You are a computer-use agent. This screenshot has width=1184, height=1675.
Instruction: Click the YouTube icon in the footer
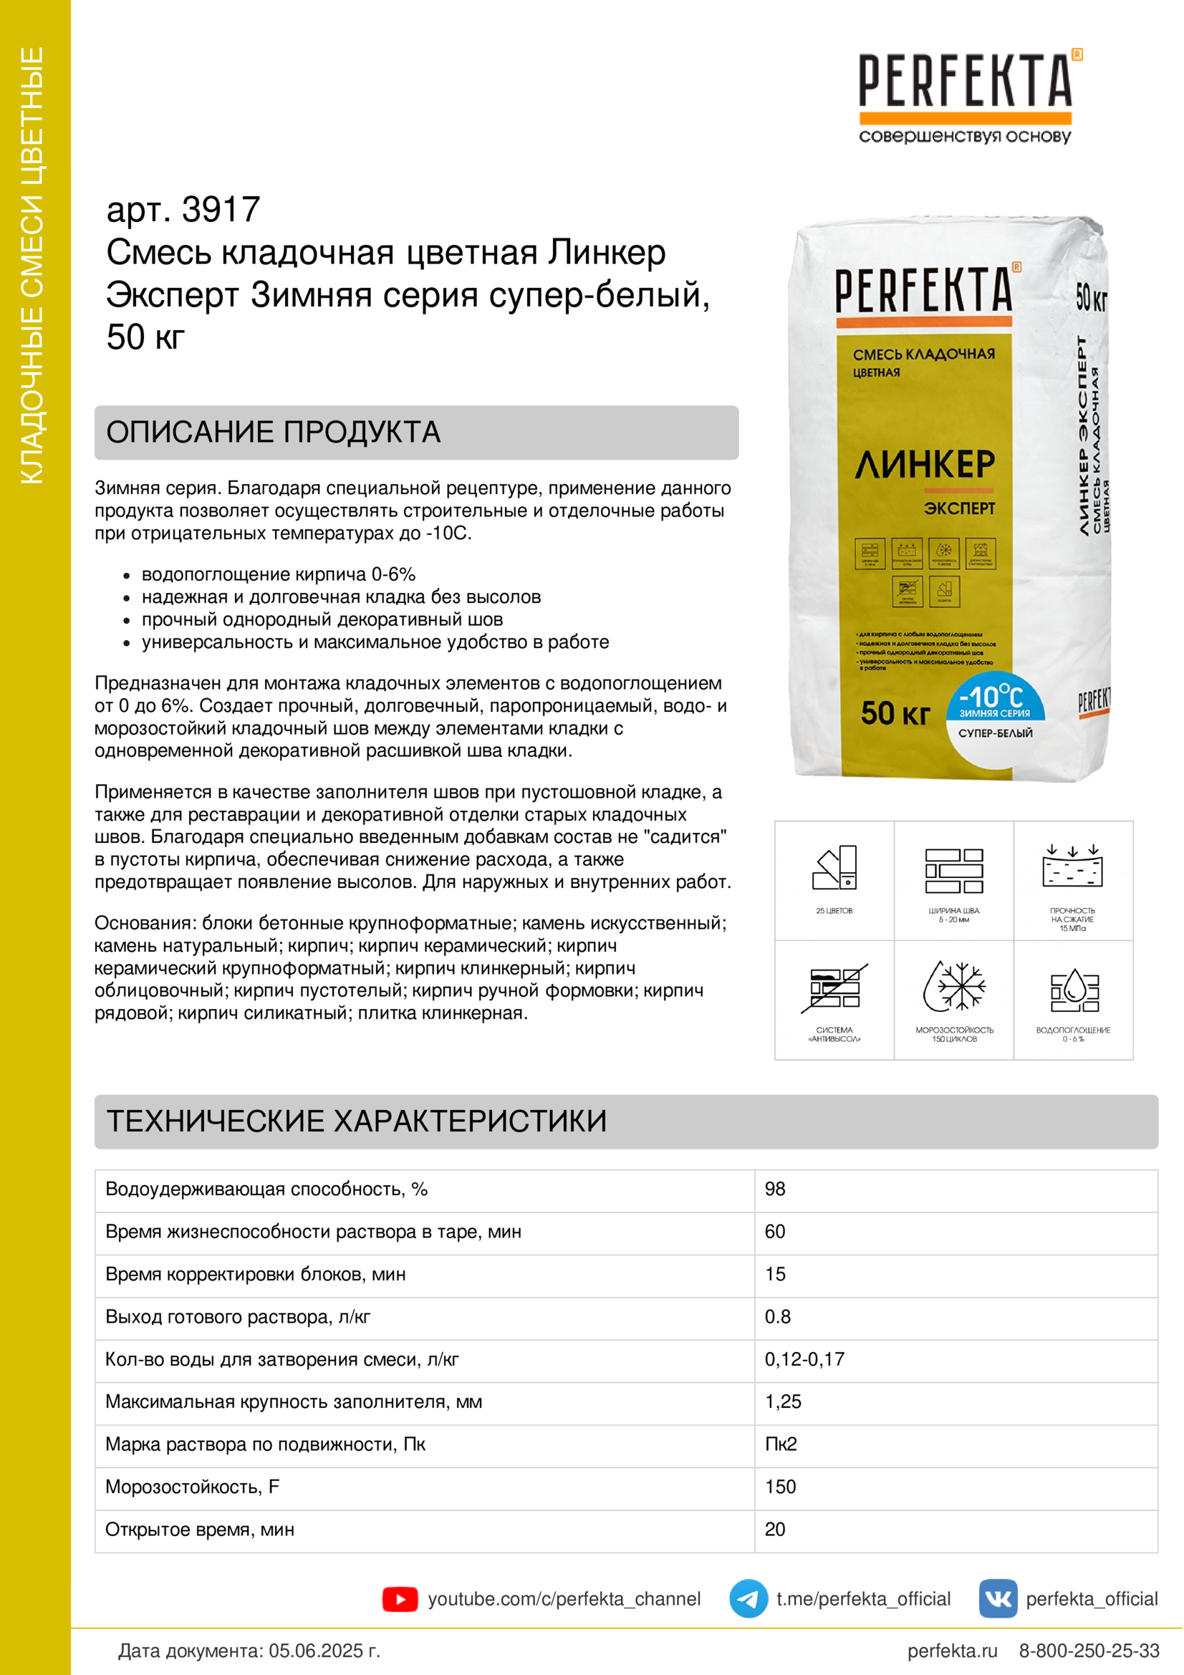pyautogui.click(x=400, y=1599)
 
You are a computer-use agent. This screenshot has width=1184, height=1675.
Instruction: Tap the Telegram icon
pyautogui.click(x=748, y=1598)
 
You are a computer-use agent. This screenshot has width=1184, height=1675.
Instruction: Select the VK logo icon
pyautogui.click(x=997, y=1598)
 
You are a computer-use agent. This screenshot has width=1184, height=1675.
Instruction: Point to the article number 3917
pyautogui.click(x=221, y=210)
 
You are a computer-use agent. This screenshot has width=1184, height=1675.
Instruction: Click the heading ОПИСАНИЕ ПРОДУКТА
pyautogui.click(x=274, y=433)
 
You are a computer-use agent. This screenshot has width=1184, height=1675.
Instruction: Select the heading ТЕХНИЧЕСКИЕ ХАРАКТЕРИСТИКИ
pyautogui.click(x=357, y=1121)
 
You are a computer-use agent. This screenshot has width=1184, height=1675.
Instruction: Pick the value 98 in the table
pyautogui.click(x=775, y=1189)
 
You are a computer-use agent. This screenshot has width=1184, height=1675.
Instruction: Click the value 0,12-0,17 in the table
pyautogui.click(x=804, y=1359)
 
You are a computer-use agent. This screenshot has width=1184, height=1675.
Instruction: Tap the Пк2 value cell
pyautogui.click(x=781, y=1444)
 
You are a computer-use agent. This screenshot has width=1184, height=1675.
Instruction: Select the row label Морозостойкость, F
pyautogui.click(x=192, y=1487)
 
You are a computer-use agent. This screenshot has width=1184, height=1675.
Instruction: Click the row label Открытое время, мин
pyautogui.click(x=199, y=1529)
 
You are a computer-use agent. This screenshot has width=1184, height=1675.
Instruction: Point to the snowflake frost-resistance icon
pyautogui.click(x=953, y=986)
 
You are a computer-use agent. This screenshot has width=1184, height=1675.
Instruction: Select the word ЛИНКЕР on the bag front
pyautogui.click(x=924, y=465)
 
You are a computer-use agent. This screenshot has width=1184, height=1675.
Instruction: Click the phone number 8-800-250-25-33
pyautogui.click(x=1089, y=1650)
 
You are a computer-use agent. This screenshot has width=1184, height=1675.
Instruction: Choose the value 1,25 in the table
pyautogui.click(x=783, y=1401)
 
